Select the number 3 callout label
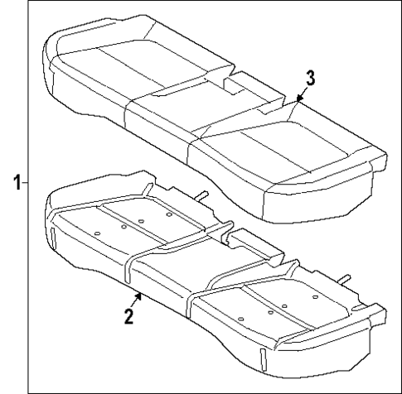308,79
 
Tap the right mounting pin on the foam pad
344,277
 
